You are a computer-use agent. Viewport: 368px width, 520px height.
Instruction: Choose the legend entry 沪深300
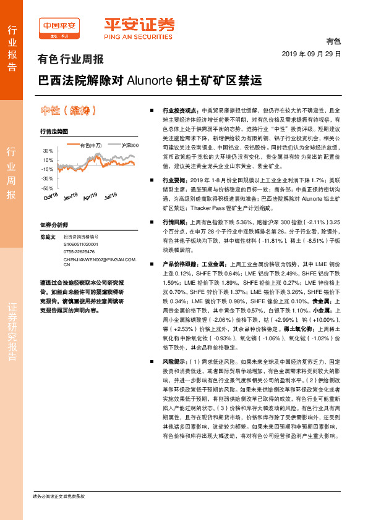pyautogui.click(x=130, y=145)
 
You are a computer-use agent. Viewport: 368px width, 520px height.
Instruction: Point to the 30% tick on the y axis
pyautogui.click(x=48, y=151)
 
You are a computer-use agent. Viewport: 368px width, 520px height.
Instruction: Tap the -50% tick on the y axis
pyautogui.click(x=48, y=188)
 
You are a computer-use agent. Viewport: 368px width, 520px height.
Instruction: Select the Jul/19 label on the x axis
pyautogui.click(x=111, y=196)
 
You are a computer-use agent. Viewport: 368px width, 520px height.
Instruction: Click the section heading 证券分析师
pyautogui.click(x=53, y=225)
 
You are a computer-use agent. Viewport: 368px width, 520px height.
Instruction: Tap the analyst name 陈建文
pyautogui.click(x=48, y=237)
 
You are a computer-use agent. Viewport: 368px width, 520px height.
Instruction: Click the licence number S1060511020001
pyautogui.click(x=82, y=244)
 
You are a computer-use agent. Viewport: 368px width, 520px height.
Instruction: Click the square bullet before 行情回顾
pyautogui.click(x=152, y=220)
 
